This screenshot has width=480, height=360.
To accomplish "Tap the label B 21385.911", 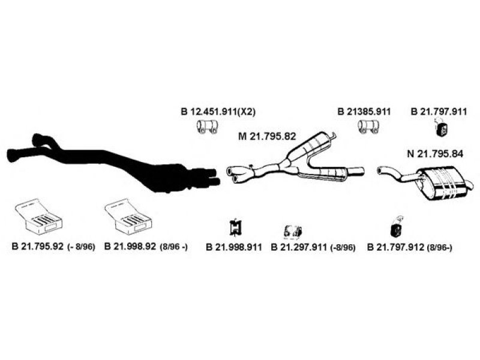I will tap(364, 111).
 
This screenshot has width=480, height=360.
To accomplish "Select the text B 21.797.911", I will tap(439, 111).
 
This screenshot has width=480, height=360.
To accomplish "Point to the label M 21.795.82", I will tap(268, 136).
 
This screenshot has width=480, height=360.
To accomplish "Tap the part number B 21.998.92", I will tap(130, 247).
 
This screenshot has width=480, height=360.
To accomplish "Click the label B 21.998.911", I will tap(234, 247).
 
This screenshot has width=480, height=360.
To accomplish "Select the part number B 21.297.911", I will tap(299, 247).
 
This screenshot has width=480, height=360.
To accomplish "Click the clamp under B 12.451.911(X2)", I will tap(208, 127).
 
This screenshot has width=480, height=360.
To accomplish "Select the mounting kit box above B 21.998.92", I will tap(127, 217).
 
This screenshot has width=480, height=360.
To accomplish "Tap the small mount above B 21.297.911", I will tap(293, 231).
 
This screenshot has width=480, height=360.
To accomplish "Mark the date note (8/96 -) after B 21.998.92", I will tap(174, 247).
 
